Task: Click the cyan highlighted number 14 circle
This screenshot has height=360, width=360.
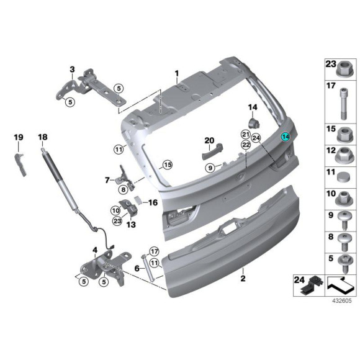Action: pyautogui.click(x=286, y=138)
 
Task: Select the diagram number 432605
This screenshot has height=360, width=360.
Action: pyautogui.click(x=341, y=301)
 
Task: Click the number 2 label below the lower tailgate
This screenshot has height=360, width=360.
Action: pyautogui.click(x=243, y=279)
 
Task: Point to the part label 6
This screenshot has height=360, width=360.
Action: pyautogui.click(x=136, y=268)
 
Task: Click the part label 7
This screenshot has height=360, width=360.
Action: pyautogui.click(x=107, y=180)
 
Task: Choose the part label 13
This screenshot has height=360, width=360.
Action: pyautogui.click(x=131, y=225)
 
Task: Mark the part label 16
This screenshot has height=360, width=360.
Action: pyautogui.click(x=153, y=202)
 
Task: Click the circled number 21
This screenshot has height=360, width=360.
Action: pyautogui.click(x=246, y=135)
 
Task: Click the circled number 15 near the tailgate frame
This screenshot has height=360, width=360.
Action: pyautogui.click(x=166, y=164)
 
